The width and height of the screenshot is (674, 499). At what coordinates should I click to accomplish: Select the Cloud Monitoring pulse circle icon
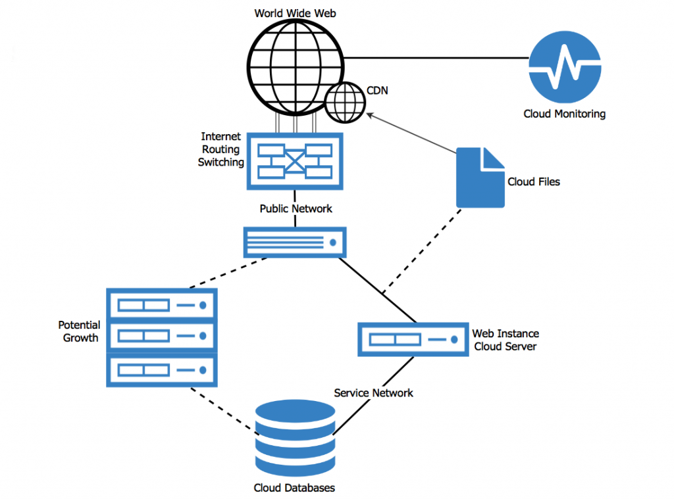(565, 67)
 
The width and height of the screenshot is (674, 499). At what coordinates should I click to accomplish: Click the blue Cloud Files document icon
(480, 177)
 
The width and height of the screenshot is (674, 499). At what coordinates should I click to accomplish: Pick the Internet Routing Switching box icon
(295, 161)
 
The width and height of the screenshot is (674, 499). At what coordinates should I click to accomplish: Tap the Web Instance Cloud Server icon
(413, 339)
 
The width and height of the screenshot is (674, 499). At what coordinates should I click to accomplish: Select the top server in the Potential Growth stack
(161, 305)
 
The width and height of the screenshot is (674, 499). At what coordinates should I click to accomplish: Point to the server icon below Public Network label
(295, 243)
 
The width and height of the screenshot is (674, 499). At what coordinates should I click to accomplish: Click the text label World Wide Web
(296, 12)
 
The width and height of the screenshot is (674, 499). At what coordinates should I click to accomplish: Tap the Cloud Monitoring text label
(564, 114)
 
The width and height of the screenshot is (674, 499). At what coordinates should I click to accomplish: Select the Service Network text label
(373, 392)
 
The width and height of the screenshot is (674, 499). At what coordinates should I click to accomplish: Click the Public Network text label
(296, 208)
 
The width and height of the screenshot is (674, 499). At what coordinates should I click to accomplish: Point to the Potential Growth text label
(80, 331)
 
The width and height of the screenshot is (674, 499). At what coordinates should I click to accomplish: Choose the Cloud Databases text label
(294, 488)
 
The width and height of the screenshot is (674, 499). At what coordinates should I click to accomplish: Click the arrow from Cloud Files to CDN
(411, 134)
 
